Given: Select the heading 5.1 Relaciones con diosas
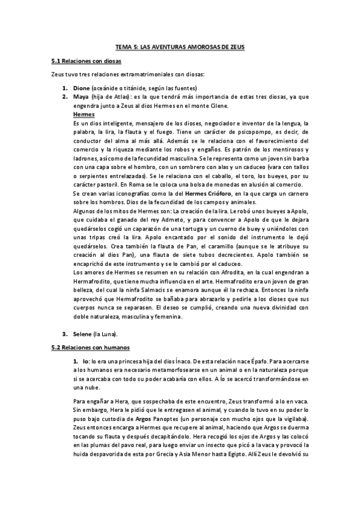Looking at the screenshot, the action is [x=87, y=61].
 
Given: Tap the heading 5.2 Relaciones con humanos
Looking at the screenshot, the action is [x=90, y=347].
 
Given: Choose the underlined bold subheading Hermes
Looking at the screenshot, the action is [x=84, y=114].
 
